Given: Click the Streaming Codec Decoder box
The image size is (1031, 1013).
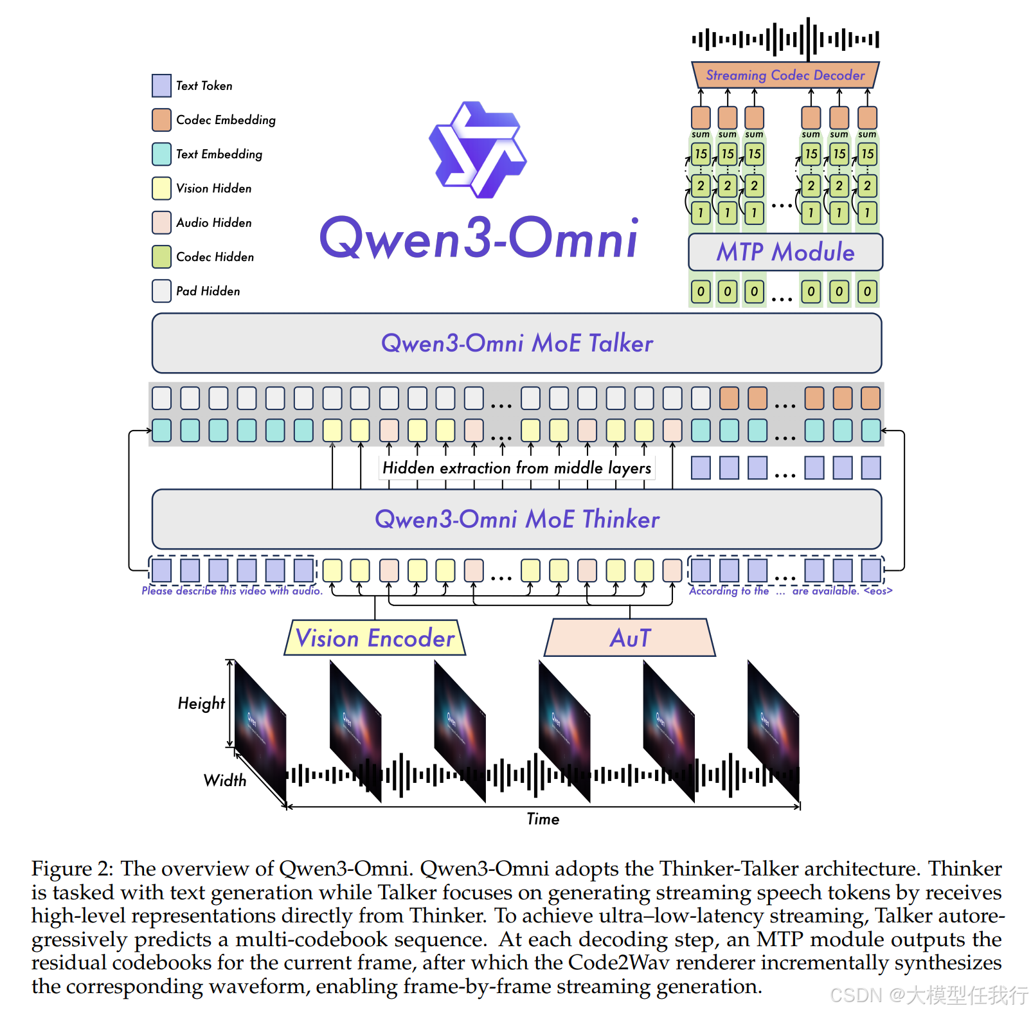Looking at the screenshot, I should point(785,75).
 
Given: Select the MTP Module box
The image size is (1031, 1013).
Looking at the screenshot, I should point(785,252).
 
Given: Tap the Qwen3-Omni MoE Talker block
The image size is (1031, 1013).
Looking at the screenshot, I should point(516,343).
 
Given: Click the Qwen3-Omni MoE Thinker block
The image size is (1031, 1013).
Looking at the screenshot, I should point(516,519).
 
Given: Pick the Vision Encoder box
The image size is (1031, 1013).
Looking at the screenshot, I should point(375,638).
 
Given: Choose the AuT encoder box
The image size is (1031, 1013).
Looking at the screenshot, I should point(630,638).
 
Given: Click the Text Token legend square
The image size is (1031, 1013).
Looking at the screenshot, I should point(161,85).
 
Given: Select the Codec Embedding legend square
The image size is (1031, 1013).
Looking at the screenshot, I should point(161,120).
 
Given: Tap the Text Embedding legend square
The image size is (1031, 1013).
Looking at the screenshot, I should point(161,154).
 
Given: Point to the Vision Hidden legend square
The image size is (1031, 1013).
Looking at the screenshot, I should point(161,188).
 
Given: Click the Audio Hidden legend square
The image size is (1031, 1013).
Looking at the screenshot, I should point(161,222).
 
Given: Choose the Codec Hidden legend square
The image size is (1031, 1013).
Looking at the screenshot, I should point(161,256).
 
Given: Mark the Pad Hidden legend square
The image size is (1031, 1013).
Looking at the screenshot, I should point(161,291).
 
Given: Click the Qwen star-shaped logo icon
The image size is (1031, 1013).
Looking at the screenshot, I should point(478,150).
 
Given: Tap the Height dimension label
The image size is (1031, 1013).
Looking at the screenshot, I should point(201,703).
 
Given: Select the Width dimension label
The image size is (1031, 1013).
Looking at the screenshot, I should point(225,780).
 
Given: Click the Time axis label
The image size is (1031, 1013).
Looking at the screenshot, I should point(542,819).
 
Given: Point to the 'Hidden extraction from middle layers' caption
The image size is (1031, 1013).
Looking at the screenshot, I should point(516,468).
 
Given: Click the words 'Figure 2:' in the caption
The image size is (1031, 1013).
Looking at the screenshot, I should point(73,869).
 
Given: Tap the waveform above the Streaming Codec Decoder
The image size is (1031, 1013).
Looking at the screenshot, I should point(785,39).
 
